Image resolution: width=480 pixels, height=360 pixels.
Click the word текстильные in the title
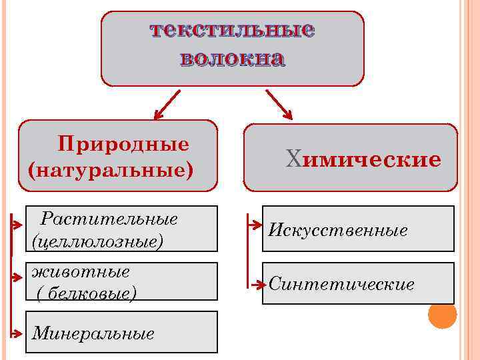pos(232,30)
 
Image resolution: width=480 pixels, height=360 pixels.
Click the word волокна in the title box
pos(232,59)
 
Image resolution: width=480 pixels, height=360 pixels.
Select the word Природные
pos(123,144)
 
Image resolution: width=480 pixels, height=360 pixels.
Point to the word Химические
pos(363,159)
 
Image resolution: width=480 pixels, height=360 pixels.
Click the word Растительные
pos(109,219)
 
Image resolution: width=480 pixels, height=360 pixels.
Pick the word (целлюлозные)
pos(97,240)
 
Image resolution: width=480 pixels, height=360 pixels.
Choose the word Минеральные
pos(93,333)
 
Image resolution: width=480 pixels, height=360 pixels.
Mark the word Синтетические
pos(341,285)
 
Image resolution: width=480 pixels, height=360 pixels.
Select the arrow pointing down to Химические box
pos(280,105)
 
